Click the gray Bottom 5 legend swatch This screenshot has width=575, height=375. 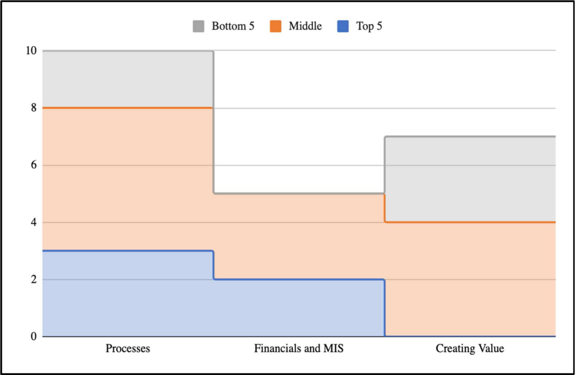[x=198, y=26]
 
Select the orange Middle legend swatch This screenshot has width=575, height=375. [x=275, y=26]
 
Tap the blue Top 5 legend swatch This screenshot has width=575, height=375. [x=343, y=26]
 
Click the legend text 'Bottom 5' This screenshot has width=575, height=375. [x=233, y=26]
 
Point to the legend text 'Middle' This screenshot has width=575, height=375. [x=305, y=26]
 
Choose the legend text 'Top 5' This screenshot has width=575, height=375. [x=369, y=26]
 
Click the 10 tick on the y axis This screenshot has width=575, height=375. [x=31, y=51]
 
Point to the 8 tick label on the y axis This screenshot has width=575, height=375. [x=34, y=108]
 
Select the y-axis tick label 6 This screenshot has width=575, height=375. [x=34, y=165]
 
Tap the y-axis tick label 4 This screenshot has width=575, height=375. [x=34, y=222]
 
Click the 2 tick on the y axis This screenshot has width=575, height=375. [x=34, y=279]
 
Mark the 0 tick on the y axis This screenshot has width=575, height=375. [x=34, y=336]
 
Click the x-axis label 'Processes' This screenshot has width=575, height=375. [x=128, y=348]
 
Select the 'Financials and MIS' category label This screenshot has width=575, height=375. [x=299, y=348]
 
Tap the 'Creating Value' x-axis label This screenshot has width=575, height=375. [x=470, y=348]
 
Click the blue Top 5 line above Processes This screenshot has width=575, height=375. [x=128, y=251]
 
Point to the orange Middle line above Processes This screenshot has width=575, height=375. [x=128, y=108]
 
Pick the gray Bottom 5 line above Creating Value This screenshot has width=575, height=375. [x=470, y=137]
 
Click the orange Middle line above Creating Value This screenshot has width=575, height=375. [x=470, y=222]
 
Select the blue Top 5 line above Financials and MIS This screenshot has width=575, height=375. [x=299, y=279]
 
